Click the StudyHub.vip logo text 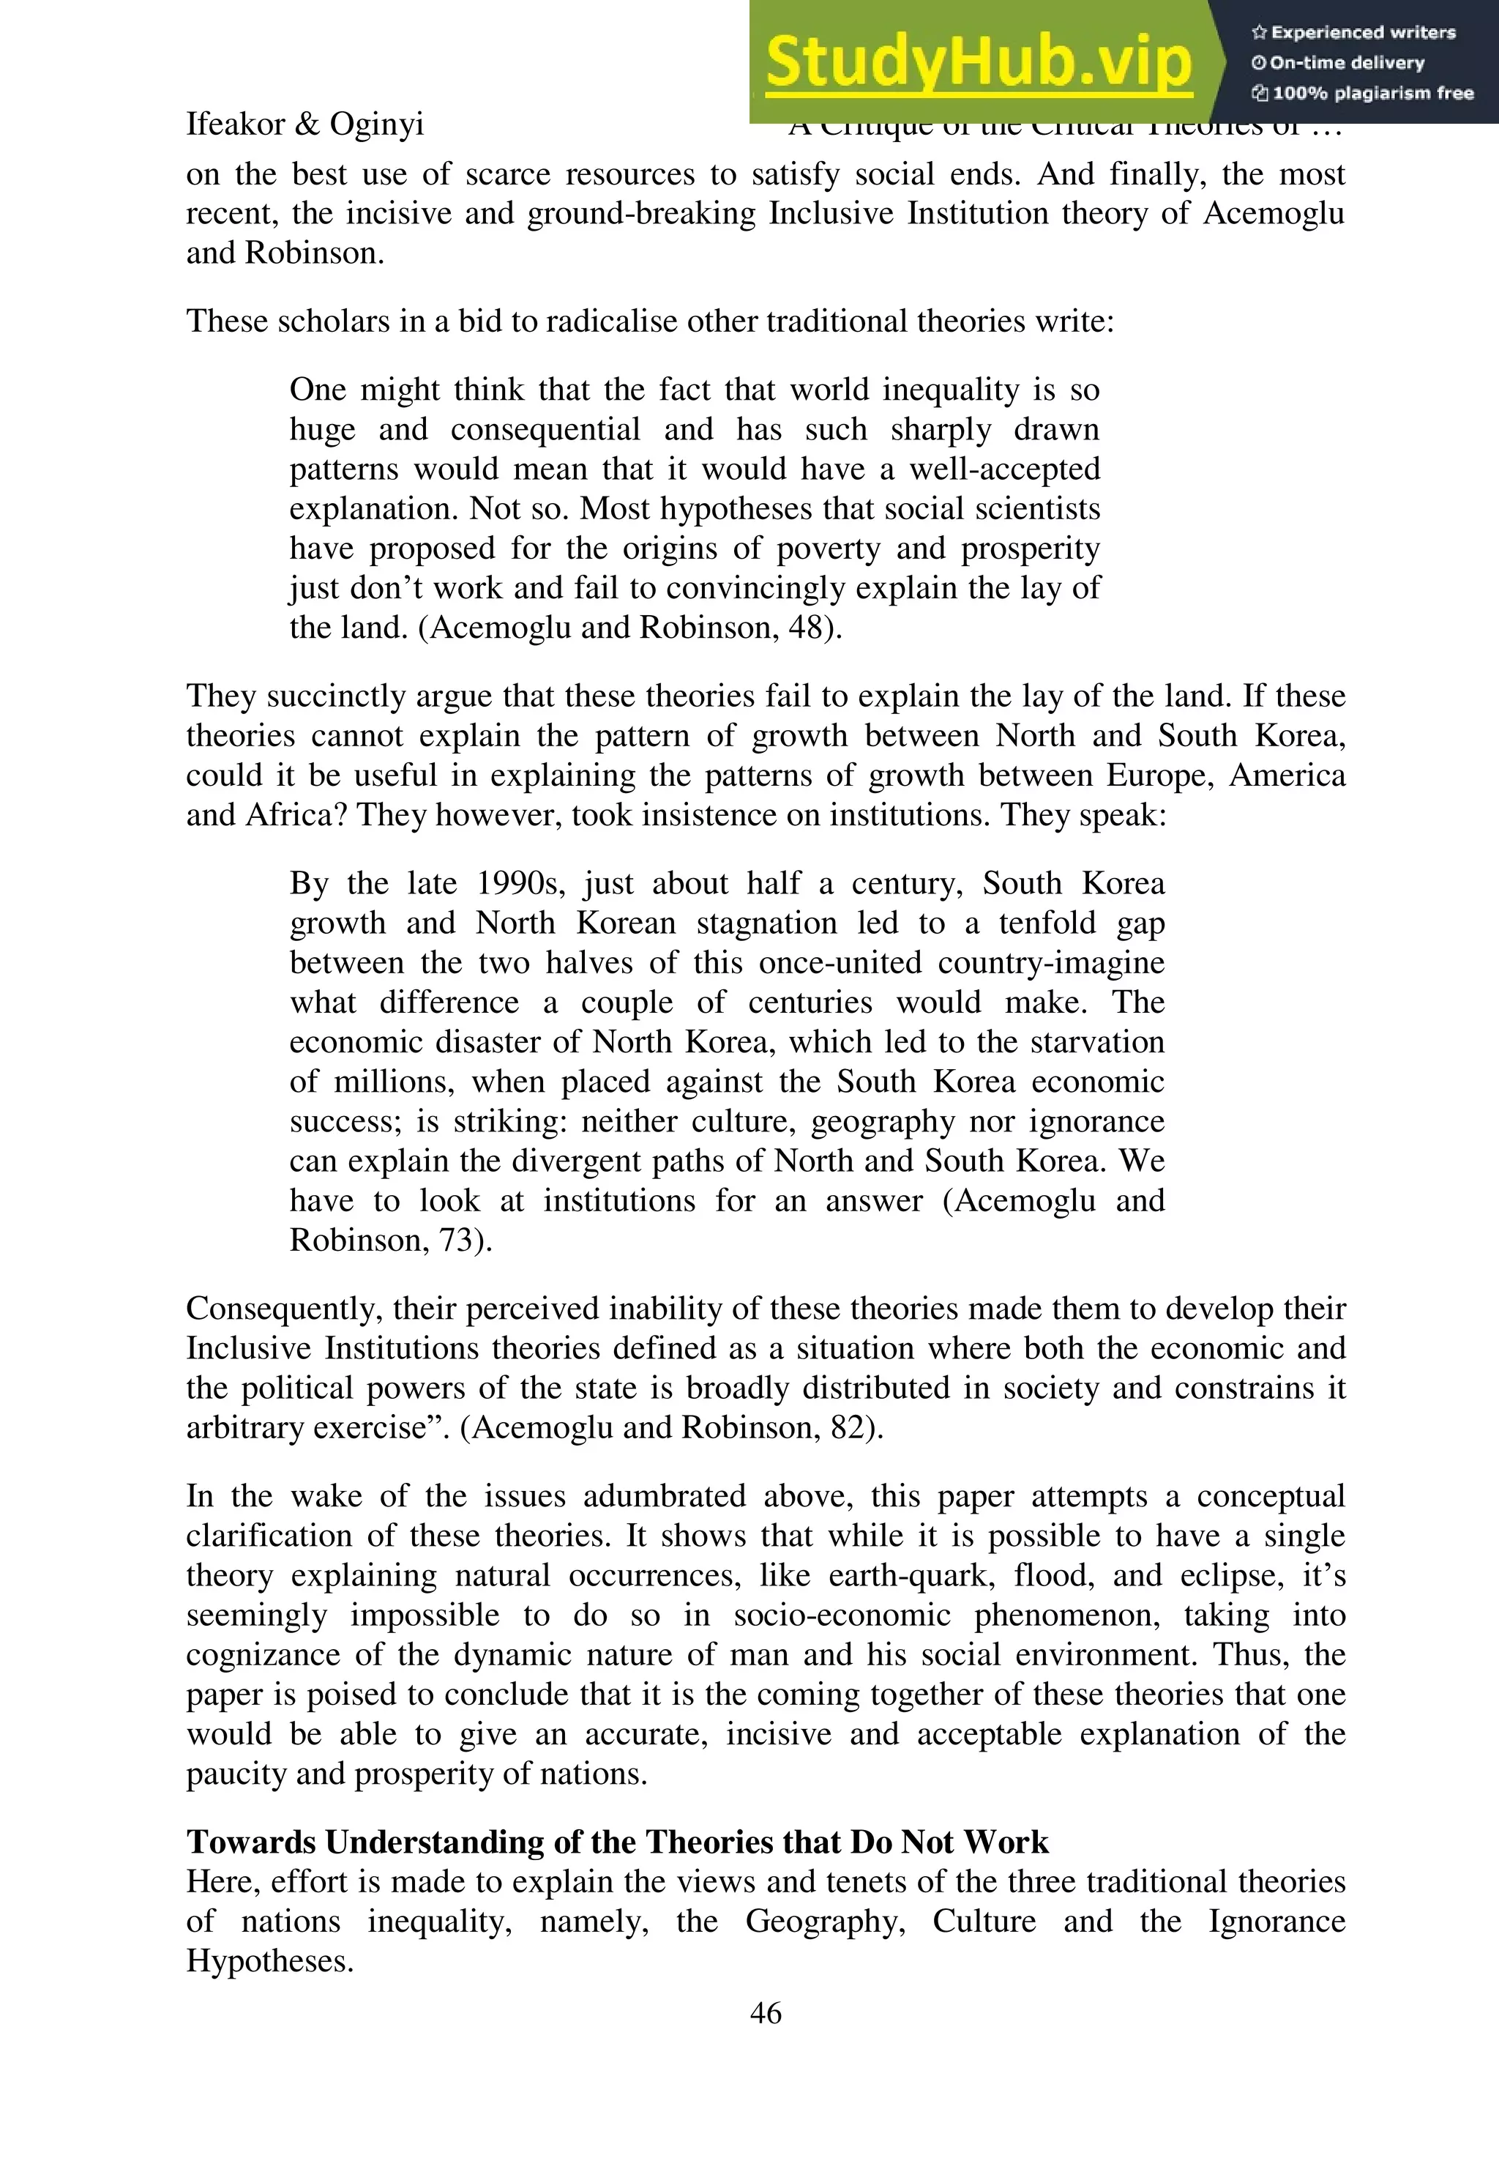[978, 62]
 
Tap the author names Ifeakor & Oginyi [304, 124]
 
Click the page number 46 [766, 2012]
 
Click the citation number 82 [849, 1427]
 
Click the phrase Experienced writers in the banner [1363, 33]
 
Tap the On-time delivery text [1347, 63]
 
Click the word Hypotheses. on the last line [269, 1960]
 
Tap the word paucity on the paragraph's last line [229, 1774]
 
